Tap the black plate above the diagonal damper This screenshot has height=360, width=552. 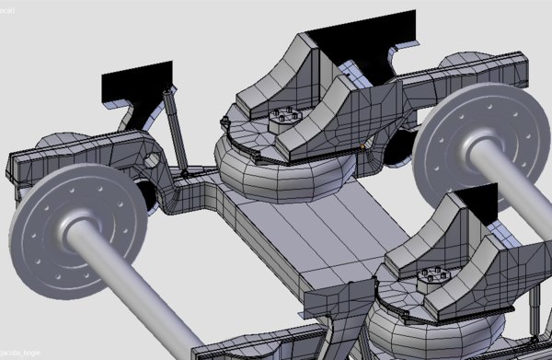(x=136, y=80)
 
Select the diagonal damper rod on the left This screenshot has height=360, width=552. (x=175, y=129)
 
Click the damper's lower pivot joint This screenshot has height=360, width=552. (x=186, y=172)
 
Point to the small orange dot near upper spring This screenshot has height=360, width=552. (x=365, y=143)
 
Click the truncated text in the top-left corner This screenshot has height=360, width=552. (x=5, y=5)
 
